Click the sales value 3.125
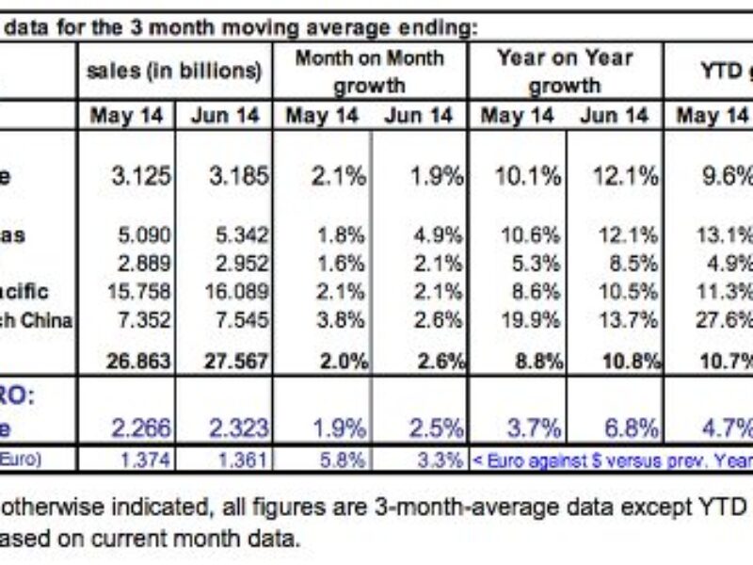pyautogui.click(x=140, y=175)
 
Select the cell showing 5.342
pyautogui.click(x=236, y=234)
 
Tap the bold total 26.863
pyautogui.click(x=140, y=361)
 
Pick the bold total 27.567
pyautogui.click(x=236, y=361)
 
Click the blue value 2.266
pyautogui.click(x=140, y=428)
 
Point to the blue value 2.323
pyautogui.click(x=236, y=428)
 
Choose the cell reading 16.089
pyautogui.click(x=236, y=292)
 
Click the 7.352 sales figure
pyautogui.click(x=140, y=321)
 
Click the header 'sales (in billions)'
pyautogui.click(x=174, y=72)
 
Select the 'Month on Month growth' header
pyautogui.click(x=369, y=72)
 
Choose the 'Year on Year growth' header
pyautogui.click(x=564, y=72)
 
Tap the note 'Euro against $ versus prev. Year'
pyautogui.click(x=613, y=461)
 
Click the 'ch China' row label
pyautogui.click(x=37, y=321)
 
